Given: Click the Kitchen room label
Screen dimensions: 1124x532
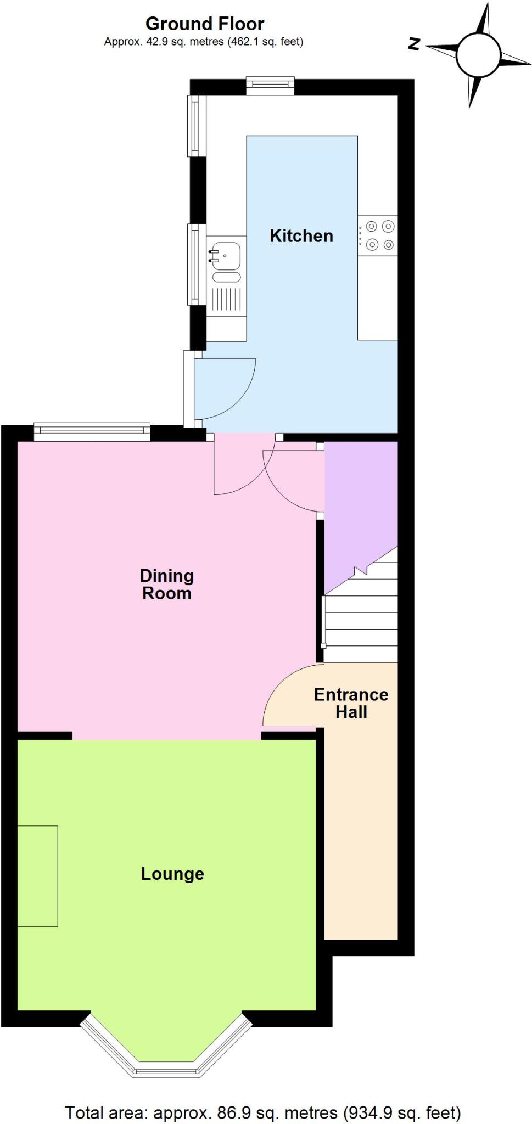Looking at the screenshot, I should click(x=301, y=236).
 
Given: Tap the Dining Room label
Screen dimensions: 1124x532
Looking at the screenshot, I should click(x=166, y=585).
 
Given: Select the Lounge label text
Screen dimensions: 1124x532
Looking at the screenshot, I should click(x=172, y=874).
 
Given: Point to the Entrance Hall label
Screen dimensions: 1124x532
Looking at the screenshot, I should click(x=351, y=703).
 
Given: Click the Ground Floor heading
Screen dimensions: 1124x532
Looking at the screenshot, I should click(x=204, y=24).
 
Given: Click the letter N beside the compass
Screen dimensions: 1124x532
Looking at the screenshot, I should click(x=414, y=44).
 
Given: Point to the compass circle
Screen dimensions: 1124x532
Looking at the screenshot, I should click(x=478, y=54).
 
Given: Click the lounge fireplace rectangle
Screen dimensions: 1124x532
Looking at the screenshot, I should click(x=37, y=876).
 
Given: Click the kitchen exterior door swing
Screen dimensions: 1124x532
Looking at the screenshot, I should click(x=225, y=387).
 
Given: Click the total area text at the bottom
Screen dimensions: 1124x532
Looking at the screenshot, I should click(x=263, y=1112).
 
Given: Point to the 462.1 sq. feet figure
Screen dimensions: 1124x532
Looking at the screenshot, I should click(x=266, y=42).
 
